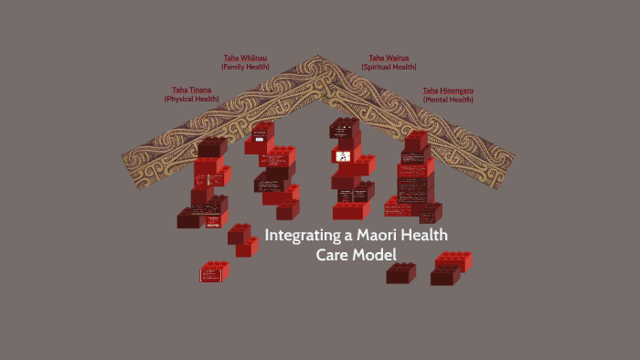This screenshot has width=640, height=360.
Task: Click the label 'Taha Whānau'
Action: [x=245, y=58]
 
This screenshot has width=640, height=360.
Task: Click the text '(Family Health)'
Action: [x=245, y=67]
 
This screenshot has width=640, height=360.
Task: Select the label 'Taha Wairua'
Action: [x=389, y=58]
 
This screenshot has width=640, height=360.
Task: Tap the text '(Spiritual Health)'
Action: [x=389, y=67]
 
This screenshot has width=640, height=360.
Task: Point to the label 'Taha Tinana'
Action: [x=192, y=90]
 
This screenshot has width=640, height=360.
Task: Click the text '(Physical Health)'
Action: [x=192, y=99]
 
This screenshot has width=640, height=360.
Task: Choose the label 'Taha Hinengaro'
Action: [x=448, y=90]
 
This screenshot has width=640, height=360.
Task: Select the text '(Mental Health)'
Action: [x=448, y=100]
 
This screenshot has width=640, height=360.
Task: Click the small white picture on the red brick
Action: [x=342, y=156]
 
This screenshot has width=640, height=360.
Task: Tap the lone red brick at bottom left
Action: [x=215, y=270]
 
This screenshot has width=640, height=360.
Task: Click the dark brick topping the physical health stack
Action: [x=212, y=146]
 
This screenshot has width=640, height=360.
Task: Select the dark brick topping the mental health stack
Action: [x=416, y=140]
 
